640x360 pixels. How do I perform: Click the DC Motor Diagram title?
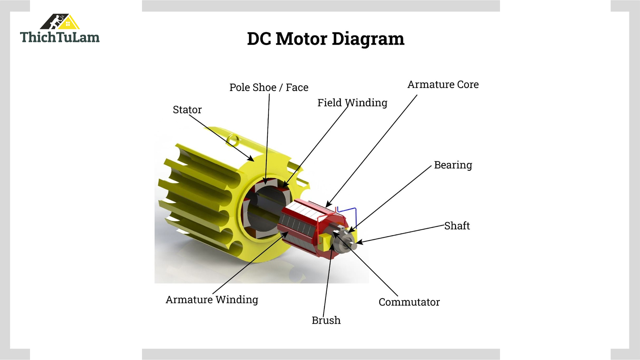click(325, 39)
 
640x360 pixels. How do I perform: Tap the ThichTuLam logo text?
click(60, 37)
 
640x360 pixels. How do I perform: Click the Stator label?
click(187, 110)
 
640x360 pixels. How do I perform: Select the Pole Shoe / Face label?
click(269, 87)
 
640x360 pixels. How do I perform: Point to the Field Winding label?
click(352, 103)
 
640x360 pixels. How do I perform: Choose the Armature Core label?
click(443, 84)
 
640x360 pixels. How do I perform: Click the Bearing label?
click(453, 165)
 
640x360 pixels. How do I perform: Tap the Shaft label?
click(457, 226)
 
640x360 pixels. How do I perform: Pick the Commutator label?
click(409, 302)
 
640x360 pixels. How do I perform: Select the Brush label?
click(326, 320)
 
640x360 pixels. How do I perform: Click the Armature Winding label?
click(212, 300)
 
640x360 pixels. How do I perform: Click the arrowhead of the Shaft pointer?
click(359, 242)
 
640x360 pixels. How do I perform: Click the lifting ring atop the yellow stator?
click(233, 140)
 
